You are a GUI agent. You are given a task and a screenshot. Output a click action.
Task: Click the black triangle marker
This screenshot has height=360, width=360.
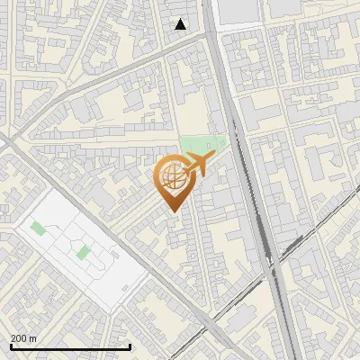[x=181, y=24]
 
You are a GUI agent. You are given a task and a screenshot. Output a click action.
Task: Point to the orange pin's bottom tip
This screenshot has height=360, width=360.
[x=172, y=211]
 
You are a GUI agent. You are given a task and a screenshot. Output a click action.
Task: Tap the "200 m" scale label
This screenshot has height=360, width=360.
[x=24, y=338]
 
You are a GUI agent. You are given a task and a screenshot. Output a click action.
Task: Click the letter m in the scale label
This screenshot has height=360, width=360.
[x=33, y=338]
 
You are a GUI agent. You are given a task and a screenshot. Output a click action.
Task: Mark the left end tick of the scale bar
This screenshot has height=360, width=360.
[x=10, y=345]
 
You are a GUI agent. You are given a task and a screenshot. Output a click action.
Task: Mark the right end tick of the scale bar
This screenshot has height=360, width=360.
[x=130, y=345]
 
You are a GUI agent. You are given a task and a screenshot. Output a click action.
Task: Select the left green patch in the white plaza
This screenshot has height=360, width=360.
[x=38, y=229]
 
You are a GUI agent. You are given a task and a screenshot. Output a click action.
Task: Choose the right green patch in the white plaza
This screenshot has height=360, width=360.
[x=83, y=252]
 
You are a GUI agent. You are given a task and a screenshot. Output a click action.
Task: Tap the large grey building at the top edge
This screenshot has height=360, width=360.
[x=239, y=10]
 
